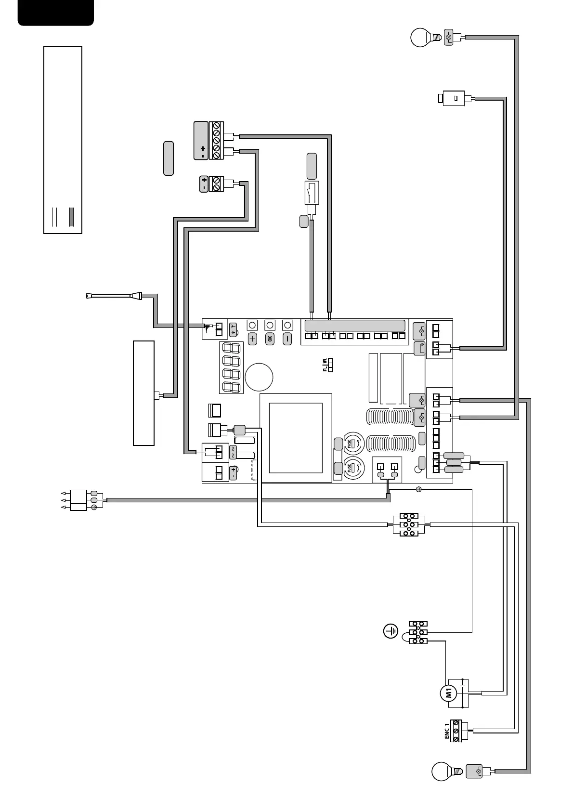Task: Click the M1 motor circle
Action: pyautogui.click(x=448, y=693)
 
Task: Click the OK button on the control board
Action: pyautogui.click(x=270, y=339)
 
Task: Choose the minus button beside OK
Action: pyautogui.click(x=287, y=339)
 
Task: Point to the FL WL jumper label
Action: pyautogui.click(x=325, y=365)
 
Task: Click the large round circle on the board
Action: pyautogui.click(x=259, y=377)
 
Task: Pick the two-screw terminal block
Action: pyautogui.click(x=217, y=184)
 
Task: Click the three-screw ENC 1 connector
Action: pyautogui.click(x=456, y=731)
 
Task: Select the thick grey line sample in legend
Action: pyautogui.click(x=71, y=217)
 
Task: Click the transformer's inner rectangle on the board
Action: pyautogui.click(x=296, y=438)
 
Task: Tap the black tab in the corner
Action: pyautogui.click(x=55, y=12)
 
